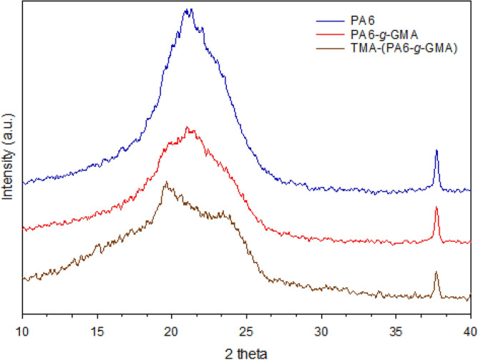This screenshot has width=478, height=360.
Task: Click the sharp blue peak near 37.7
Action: pos(436,152)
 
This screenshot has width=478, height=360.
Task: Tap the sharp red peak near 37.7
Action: pos(436,208)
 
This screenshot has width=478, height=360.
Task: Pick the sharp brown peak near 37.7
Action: pos(436,273)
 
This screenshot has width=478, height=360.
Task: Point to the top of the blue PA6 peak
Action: pos(188,9)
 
